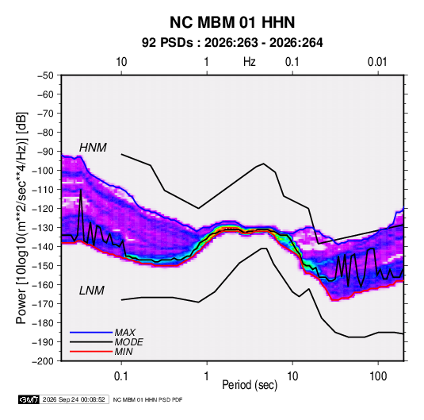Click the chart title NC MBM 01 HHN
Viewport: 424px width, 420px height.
(232, 22)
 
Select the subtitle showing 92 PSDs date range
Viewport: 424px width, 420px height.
(232, 43)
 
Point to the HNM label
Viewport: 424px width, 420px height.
(93, 148)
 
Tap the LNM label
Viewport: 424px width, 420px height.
(92, 291)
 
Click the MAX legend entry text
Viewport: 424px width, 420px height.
(125, 332)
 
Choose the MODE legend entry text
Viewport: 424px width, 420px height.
(128, 342)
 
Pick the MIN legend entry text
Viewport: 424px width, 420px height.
(124, 352)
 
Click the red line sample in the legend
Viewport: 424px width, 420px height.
(91, 352)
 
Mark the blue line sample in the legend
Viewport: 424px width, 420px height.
(91, 333)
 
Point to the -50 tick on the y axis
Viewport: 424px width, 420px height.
(45, 75)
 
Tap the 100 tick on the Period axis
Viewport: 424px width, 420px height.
(378, 376)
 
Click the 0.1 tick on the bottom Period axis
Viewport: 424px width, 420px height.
(121, 376)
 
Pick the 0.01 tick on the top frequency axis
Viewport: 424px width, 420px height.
(377, 62)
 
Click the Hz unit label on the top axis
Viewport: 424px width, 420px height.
(250, 62)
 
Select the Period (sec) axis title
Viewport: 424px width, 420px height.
(250, 385)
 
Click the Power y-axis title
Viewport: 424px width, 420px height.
(22, 218)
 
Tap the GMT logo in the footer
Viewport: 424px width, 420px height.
(29, 399)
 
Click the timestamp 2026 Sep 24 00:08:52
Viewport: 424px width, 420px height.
(74, 399)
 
